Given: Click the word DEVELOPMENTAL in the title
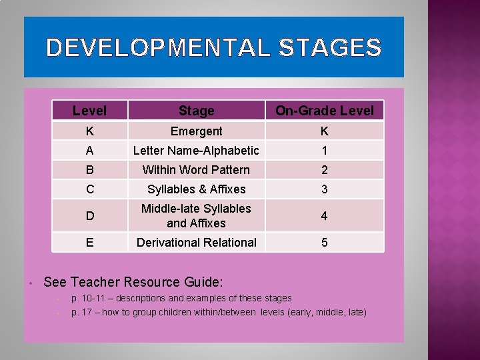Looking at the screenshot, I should click(x=158, y=48).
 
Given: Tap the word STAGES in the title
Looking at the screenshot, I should click(x=330, y=48).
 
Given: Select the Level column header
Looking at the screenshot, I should click(x=89, y=110).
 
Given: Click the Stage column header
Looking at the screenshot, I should click(x=196, y=111).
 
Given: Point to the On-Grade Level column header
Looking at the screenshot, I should click(x=325, y=111).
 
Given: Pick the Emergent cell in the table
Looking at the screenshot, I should click(x=196, y=131).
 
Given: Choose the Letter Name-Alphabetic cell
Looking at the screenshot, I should click(x=196, y=151).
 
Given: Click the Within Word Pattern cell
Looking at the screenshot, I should click(x=196, y=170).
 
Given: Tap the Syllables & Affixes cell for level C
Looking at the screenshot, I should click(x=196, y=189).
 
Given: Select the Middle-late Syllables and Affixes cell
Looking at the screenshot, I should click(x=196, y=216).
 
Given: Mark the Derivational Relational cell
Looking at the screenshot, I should click(x=196, y=243).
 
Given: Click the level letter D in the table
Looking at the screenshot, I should click(x=89, y=216).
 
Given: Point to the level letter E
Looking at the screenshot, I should click(x=89, y=243).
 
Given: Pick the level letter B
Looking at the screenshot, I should click(x=89, y=170).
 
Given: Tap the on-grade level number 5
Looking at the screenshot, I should click(x=325, y=243).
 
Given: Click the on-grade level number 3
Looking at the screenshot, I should click(x=325, y=189).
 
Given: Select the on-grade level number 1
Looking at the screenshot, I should click(x=325, y=151).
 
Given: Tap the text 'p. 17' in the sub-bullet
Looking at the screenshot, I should click(x=82, y=312).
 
